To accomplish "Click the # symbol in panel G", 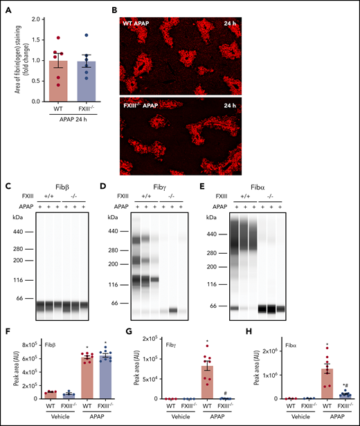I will click(224, 391).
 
